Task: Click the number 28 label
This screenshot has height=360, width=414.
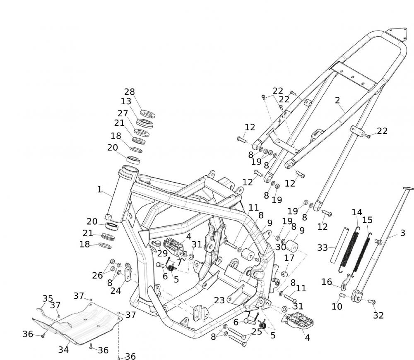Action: point(130,92)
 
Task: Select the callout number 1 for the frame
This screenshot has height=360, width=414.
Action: point(99,190)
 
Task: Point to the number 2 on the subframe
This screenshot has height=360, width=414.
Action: point(337,100)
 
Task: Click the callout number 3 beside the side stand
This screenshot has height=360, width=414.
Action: point(402,233)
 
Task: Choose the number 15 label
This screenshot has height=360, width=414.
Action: point(367,220)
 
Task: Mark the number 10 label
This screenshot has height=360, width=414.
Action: point(337,307)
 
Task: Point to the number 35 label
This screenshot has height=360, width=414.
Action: point(48,298)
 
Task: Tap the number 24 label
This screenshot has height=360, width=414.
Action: point(116,290)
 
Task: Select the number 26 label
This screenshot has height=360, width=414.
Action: point(97,275)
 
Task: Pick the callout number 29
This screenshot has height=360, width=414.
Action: point(162,253)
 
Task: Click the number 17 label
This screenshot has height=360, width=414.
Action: point(289,258)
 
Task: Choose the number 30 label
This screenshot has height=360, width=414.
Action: point(281,247)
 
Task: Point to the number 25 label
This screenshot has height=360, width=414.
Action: point(257,331)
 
